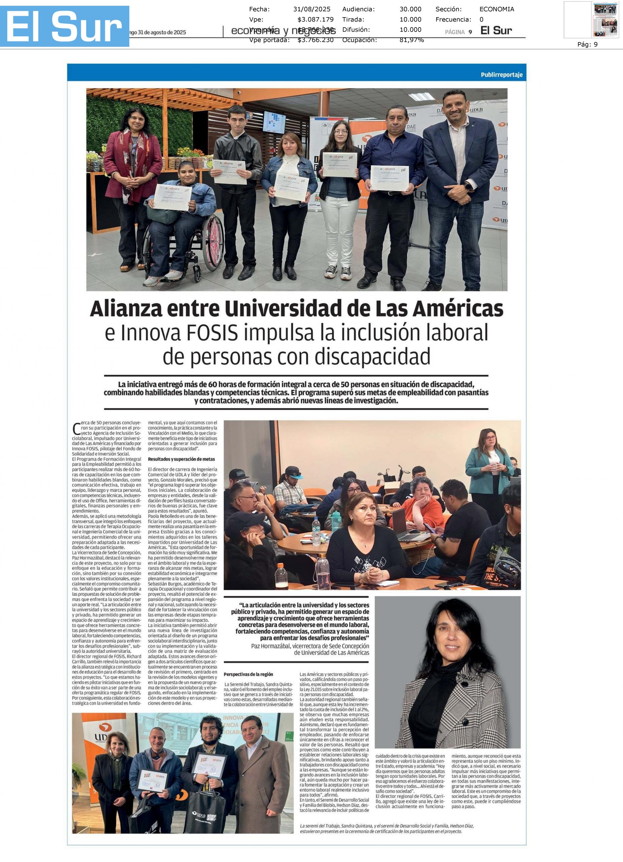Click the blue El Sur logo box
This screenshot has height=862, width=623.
coord(65,26)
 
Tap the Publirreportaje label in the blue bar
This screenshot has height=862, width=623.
coord(501,74)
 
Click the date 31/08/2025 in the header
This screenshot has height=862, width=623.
coord(312,9)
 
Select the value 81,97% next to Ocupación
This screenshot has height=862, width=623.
coord(411,40)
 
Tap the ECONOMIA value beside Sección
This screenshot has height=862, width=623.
coord(496,9)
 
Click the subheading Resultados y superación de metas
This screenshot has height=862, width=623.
coord(181,459)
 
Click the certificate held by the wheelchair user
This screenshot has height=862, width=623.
coord(172,197)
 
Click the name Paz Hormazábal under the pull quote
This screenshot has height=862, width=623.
coord(271,646)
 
